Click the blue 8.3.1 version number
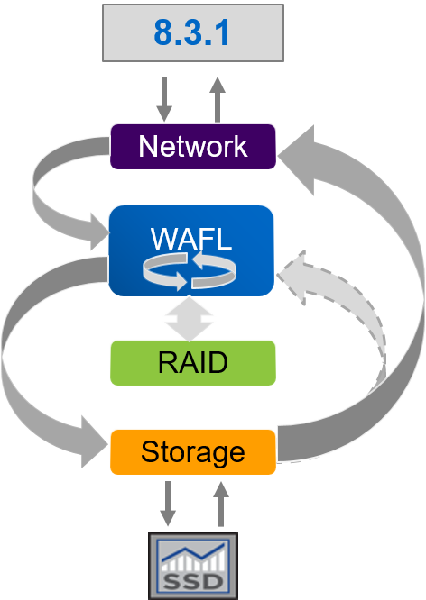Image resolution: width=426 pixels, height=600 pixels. (191, 32)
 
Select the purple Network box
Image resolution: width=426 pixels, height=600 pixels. (193, 147)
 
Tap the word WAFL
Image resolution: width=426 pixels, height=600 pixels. (191, 239)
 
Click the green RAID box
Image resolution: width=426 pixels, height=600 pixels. (193, 363)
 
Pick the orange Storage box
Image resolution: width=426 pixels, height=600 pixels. (193, 452)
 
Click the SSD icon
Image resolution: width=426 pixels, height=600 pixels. (193, 566)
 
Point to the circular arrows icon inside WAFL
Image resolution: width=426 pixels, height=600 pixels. (190, 271)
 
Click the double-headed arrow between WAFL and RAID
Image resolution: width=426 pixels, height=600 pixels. (189, 319)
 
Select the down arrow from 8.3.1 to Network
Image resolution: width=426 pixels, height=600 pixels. (164, 99)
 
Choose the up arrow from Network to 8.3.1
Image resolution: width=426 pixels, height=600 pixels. (218, 99)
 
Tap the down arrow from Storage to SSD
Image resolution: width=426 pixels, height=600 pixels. (168, 504)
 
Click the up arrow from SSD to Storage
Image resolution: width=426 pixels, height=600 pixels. (221, 504)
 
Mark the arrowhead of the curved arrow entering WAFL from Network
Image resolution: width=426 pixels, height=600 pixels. (99, 232)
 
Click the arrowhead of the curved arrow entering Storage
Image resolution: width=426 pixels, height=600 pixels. (94, 442)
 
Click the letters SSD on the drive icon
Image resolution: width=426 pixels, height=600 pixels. (193, 582)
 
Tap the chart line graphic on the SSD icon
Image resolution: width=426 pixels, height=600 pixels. (193, 553)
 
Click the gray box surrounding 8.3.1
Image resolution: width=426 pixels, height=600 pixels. (193, 32)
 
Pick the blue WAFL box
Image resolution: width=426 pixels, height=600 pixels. (191, 250)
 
